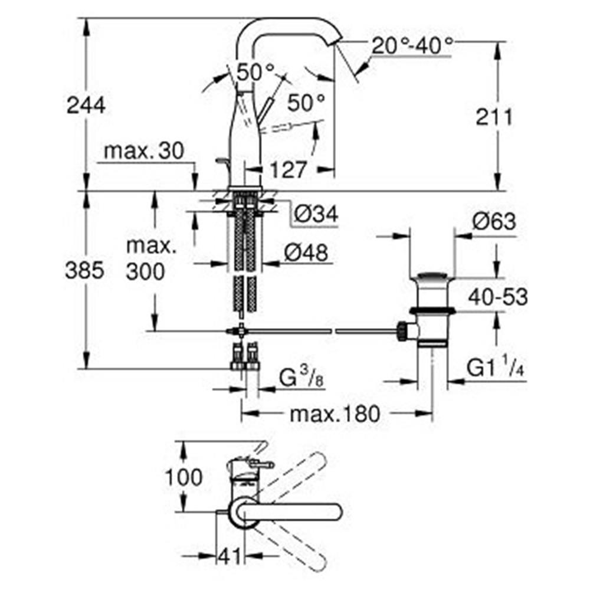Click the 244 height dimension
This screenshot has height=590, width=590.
(86, 106)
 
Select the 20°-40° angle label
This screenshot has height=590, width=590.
(412, 46)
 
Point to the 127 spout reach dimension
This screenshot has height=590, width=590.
(289, 169)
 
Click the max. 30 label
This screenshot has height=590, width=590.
(144, 151)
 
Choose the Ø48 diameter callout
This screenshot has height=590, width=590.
(306, 253)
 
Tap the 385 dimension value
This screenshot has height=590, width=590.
(84, 270)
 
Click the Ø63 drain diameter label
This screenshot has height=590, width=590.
(494, 221)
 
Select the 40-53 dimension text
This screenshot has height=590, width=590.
(498, 297)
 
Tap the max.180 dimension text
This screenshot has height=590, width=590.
(335, 414)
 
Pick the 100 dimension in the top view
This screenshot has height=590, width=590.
(184, 477)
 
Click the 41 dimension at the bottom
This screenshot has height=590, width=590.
(230, 556)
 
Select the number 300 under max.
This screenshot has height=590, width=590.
(145, 271)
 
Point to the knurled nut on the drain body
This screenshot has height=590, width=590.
(403, 330)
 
